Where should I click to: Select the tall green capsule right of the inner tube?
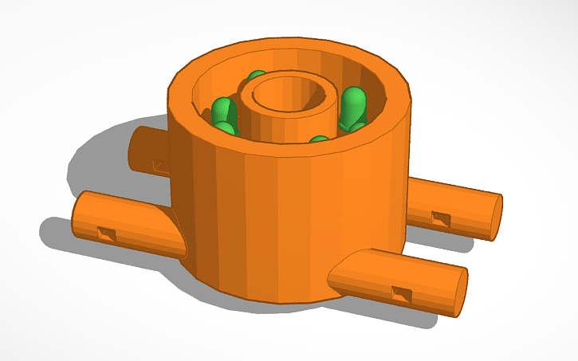pos(353,105)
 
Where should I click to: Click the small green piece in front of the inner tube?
pos(319,142)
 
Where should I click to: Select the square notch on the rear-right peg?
pos(439,216)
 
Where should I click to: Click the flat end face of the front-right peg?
pos(456,292)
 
